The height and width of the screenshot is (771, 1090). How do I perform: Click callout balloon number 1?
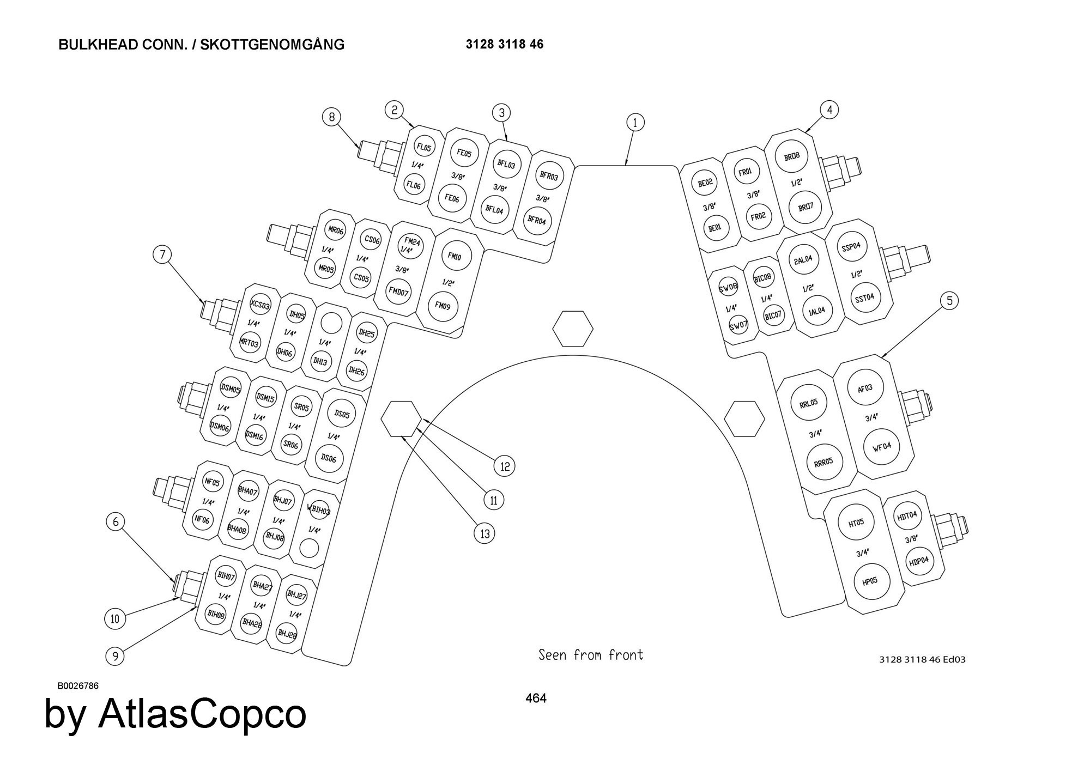(635, 123)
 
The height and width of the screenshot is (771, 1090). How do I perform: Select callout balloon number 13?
(485, 534)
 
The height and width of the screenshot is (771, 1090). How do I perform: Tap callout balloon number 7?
(162, 254)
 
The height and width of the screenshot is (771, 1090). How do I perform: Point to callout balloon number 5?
(949, 301)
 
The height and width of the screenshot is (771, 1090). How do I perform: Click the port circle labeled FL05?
(423, 147)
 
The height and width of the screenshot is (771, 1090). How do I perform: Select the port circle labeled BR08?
(791, 156)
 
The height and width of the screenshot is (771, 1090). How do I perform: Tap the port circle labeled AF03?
(865, 388)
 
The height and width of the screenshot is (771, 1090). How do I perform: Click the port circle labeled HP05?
(870, 581)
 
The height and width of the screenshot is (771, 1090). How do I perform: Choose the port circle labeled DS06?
(329, 458)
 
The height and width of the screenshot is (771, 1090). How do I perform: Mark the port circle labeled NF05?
(211, 482)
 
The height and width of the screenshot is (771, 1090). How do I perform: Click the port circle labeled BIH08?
(215, 614)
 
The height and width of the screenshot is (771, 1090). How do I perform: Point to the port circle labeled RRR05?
(823, 461)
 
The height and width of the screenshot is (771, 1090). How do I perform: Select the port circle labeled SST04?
(865, 297)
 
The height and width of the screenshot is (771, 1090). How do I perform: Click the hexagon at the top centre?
(572, 329)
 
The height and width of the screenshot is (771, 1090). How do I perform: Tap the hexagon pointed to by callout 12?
(401, 419)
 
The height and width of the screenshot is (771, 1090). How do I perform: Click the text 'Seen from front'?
(591, 654)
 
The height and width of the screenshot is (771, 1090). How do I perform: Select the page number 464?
(536, 698)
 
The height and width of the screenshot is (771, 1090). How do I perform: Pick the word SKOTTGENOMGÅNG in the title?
(272, 45)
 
